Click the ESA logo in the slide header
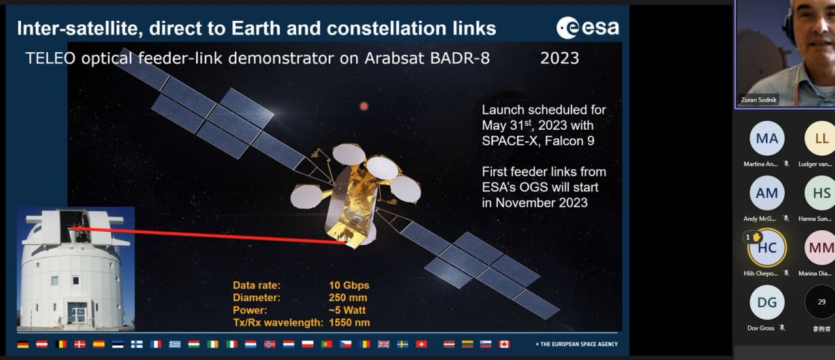588,27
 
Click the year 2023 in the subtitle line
560,58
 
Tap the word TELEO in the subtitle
50,58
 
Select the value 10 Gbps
349,285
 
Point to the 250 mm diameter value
348,297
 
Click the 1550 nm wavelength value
349,322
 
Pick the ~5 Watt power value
347,310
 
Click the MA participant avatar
767,138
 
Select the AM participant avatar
767,193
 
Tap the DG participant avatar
767,302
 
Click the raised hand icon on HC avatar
756,237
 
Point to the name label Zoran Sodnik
759,100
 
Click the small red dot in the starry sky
364,106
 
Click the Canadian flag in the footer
504,344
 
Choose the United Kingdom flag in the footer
384,344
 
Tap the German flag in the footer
23,344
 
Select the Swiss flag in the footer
421,344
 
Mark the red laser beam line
209,235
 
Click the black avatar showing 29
821,302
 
